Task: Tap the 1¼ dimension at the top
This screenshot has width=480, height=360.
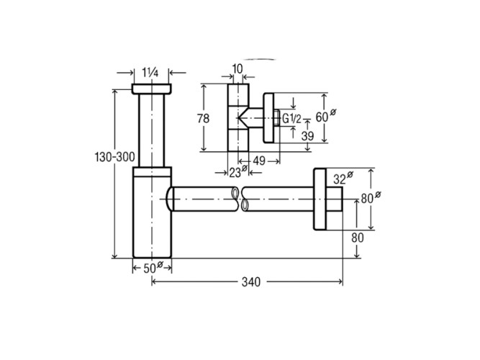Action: tap(150, 71)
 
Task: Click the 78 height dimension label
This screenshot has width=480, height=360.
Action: tap(202, 118)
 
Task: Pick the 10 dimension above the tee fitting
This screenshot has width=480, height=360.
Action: tap(238, 68)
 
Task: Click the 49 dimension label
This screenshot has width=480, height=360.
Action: tap(259, 161)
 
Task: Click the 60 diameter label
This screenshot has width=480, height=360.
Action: tap(322, 115)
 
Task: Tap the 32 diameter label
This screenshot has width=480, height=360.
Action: tap(340, 176)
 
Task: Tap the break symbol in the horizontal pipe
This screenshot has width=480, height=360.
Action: tap(239, 198)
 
